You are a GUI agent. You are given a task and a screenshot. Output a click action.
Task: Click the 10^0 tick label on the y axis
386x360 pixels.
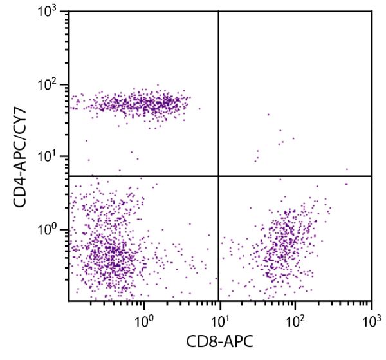point(54,229)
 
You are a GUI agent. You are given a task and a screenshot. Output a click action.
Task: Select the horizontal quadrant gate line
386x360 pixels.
point(142,176)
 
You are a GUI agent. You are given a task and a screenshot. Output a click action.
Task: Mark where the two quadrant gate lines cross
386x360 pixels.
point(219,176)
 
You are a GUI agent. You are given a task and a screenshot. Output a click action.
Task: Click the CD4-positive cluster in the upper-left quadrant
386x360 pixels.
point(142,102)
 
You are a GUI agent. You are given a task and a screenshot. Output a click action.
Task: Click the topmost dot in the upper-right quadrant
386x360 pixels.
point(268,115)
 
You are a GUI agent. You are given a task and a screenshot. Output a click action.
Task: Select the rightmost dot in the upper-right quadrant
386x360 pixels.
point(347,169)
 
